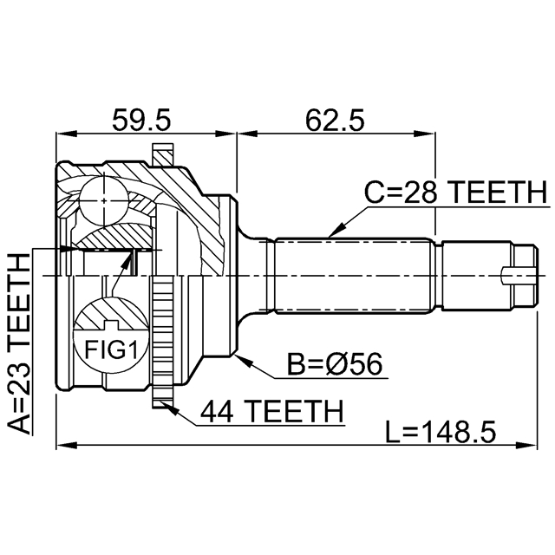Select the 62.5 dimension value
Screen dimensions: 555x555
point(334,117)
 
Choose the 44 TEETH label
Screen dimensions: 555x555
point(271,410)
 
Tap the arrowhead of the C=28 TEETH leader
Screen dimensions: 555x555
point(332,234)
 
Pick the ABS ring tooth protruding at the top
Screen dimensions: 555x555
point(162,153)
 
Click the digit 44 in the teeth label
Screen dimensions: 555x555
point(217,410)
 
